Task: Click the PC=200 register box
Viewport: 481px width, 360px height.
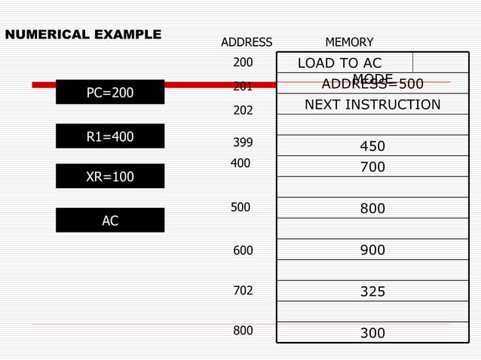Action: [110, 93]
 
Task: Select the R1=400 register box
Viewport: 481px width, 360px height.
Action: [110, 136]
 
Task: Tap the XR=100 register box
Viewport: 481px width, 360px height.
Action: [110, 176]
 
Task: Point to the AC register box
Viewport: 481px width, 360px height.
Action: [110, 221]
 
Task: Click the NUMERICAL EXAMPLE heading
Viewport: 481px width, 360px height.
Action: [83, 35]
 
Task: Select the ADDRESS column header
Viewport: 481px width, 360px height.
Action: [247, 42]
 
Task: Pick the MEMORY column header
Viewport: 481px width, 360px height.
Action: [349, 42]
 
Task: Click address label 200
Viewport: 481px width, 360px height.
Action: [243, 63]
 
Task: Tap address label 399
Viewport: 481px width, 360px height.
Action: [243, 142]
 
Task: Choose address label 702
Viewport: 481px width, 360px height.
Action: [243, 290]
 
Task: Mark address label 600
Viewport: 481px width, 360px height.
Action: [243, 251]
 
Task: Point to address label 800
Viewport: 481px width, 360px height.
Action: [243, 330]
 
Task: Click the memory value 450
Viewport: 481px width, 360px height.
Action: [372, 146]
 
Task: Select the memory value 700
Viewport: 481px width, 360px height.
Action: [372, 167]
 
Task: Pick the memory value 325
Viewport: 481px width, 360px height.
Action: [372, 291]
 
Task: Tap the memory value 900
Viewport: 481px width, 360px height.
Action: [372, 251]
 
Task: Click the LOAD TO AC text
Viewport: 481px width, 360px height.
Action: [340, 63]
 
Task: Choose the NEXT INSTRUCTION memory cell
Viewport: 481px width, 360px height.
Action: [372, 105]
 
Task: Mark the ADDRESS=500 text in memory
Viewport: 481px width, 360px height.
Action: [372, 84]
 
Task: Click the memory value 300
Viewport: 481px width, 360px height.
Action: [372, 333]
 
